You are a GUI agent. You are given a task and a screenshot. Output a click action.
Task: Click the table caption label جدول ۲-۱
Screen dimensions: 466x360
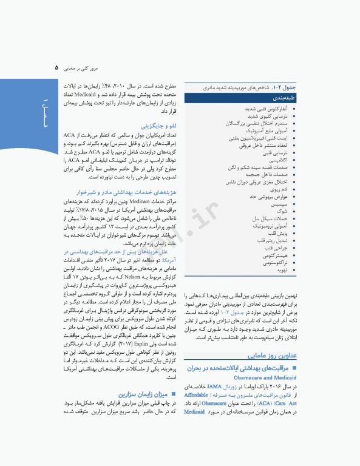285,89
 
